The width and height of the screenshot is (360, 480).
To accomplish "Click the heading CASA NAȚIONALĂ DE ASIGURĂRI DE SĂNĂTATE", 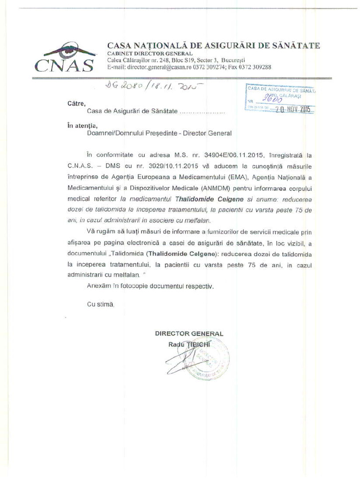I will pyautogui.click(x=214, y=45).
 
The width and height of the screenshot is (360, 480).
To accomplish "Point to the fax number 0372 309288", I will pyautogui.click(x=255, y=67).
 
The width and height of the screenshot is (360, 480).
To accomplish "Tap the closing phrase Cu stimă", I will pyautogui.click(x=100, y=304).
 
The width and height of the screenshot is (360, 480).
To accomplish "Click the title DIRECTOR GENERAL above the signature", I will pyautogui.click(x=189, y=333).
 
